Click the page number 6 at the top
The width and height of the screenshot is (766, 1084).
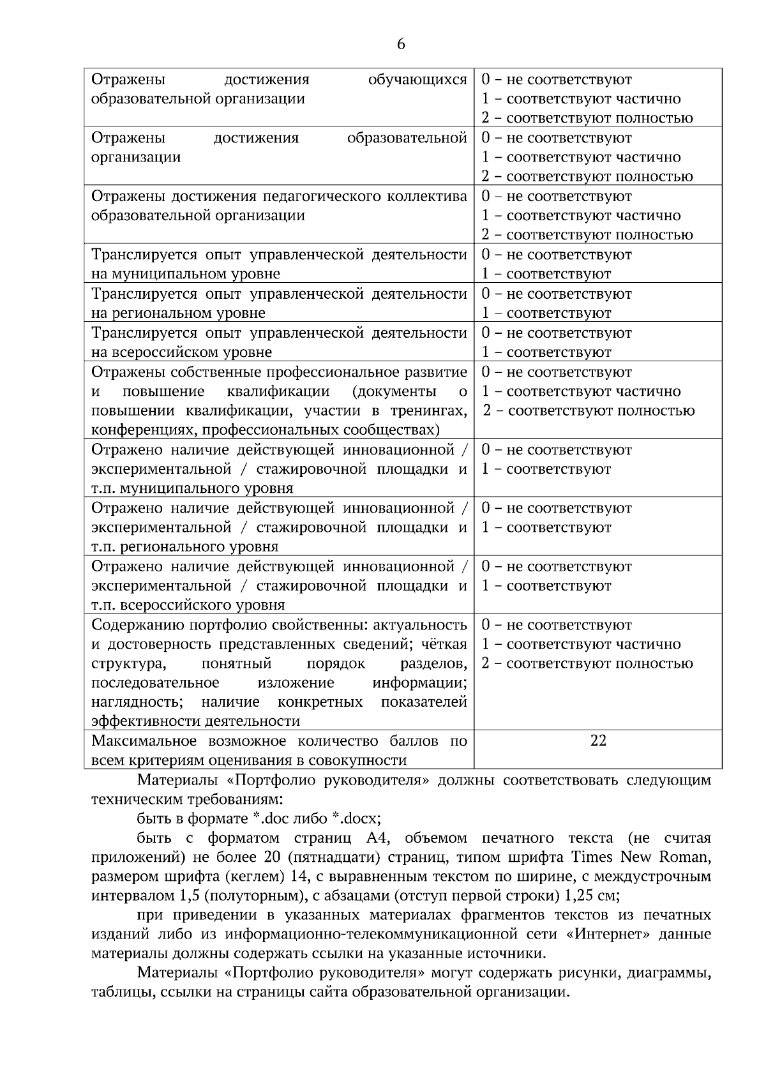401,44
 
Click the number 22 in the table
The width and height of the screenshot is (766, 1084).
598,740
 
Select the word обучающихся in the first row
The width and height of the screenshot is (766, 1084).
417,79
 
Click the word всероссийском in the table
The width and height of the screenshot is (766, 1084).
159,352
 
